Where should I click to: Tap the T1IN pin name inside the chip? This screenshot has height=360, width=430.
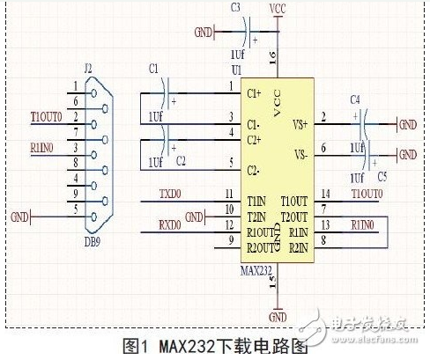tap(257, 200)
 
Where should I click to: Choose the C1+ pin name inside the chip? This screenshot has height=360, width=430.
tap(255, 92)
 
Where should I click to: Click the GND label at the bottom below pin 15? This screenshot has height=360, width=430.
tap(278, 316)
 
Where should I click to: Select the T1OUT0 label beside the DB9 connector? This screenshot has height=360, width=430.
tap(45, 116)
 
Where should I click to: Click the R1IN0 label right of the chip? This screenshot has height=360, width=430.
tap(362, 224)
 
